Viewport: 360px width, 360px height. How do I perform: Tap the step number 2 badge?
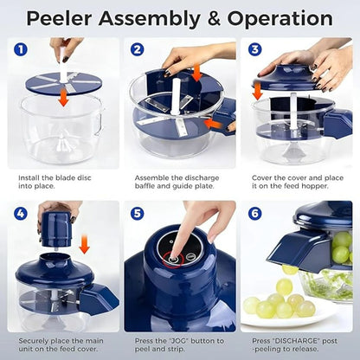tap(137, 49)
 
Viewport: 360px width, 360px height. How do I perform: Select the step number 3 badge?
tap(254, 49)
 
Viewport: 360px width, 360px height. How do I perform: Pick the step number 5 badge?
tap(137, 212)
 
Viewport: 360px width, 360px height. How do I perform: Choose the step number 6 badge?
tap(254, 212)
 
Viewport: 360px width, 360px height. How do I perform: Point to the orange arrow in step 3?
tap(258, 90)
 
